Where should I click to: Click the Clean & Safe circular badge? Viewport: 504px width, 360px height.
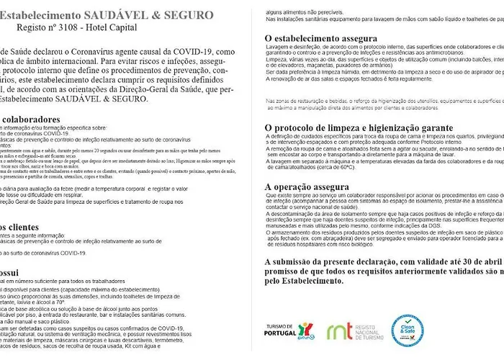click(408, 330)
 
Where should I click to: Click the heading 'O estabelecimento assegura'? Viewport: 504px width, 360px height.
click(321, 38)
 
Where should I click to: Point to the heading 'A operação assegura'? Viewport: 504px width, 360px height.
click(305, 186)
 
